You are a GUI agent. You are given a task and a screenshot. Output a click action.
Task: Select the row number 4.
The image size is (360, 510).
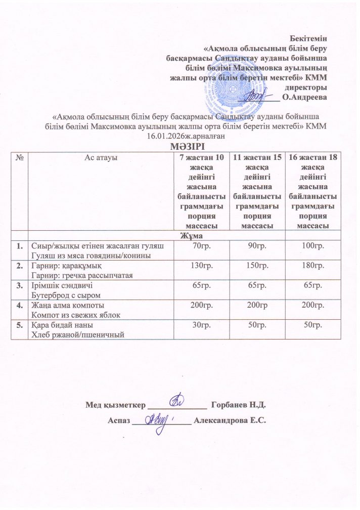click(20, 307)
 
